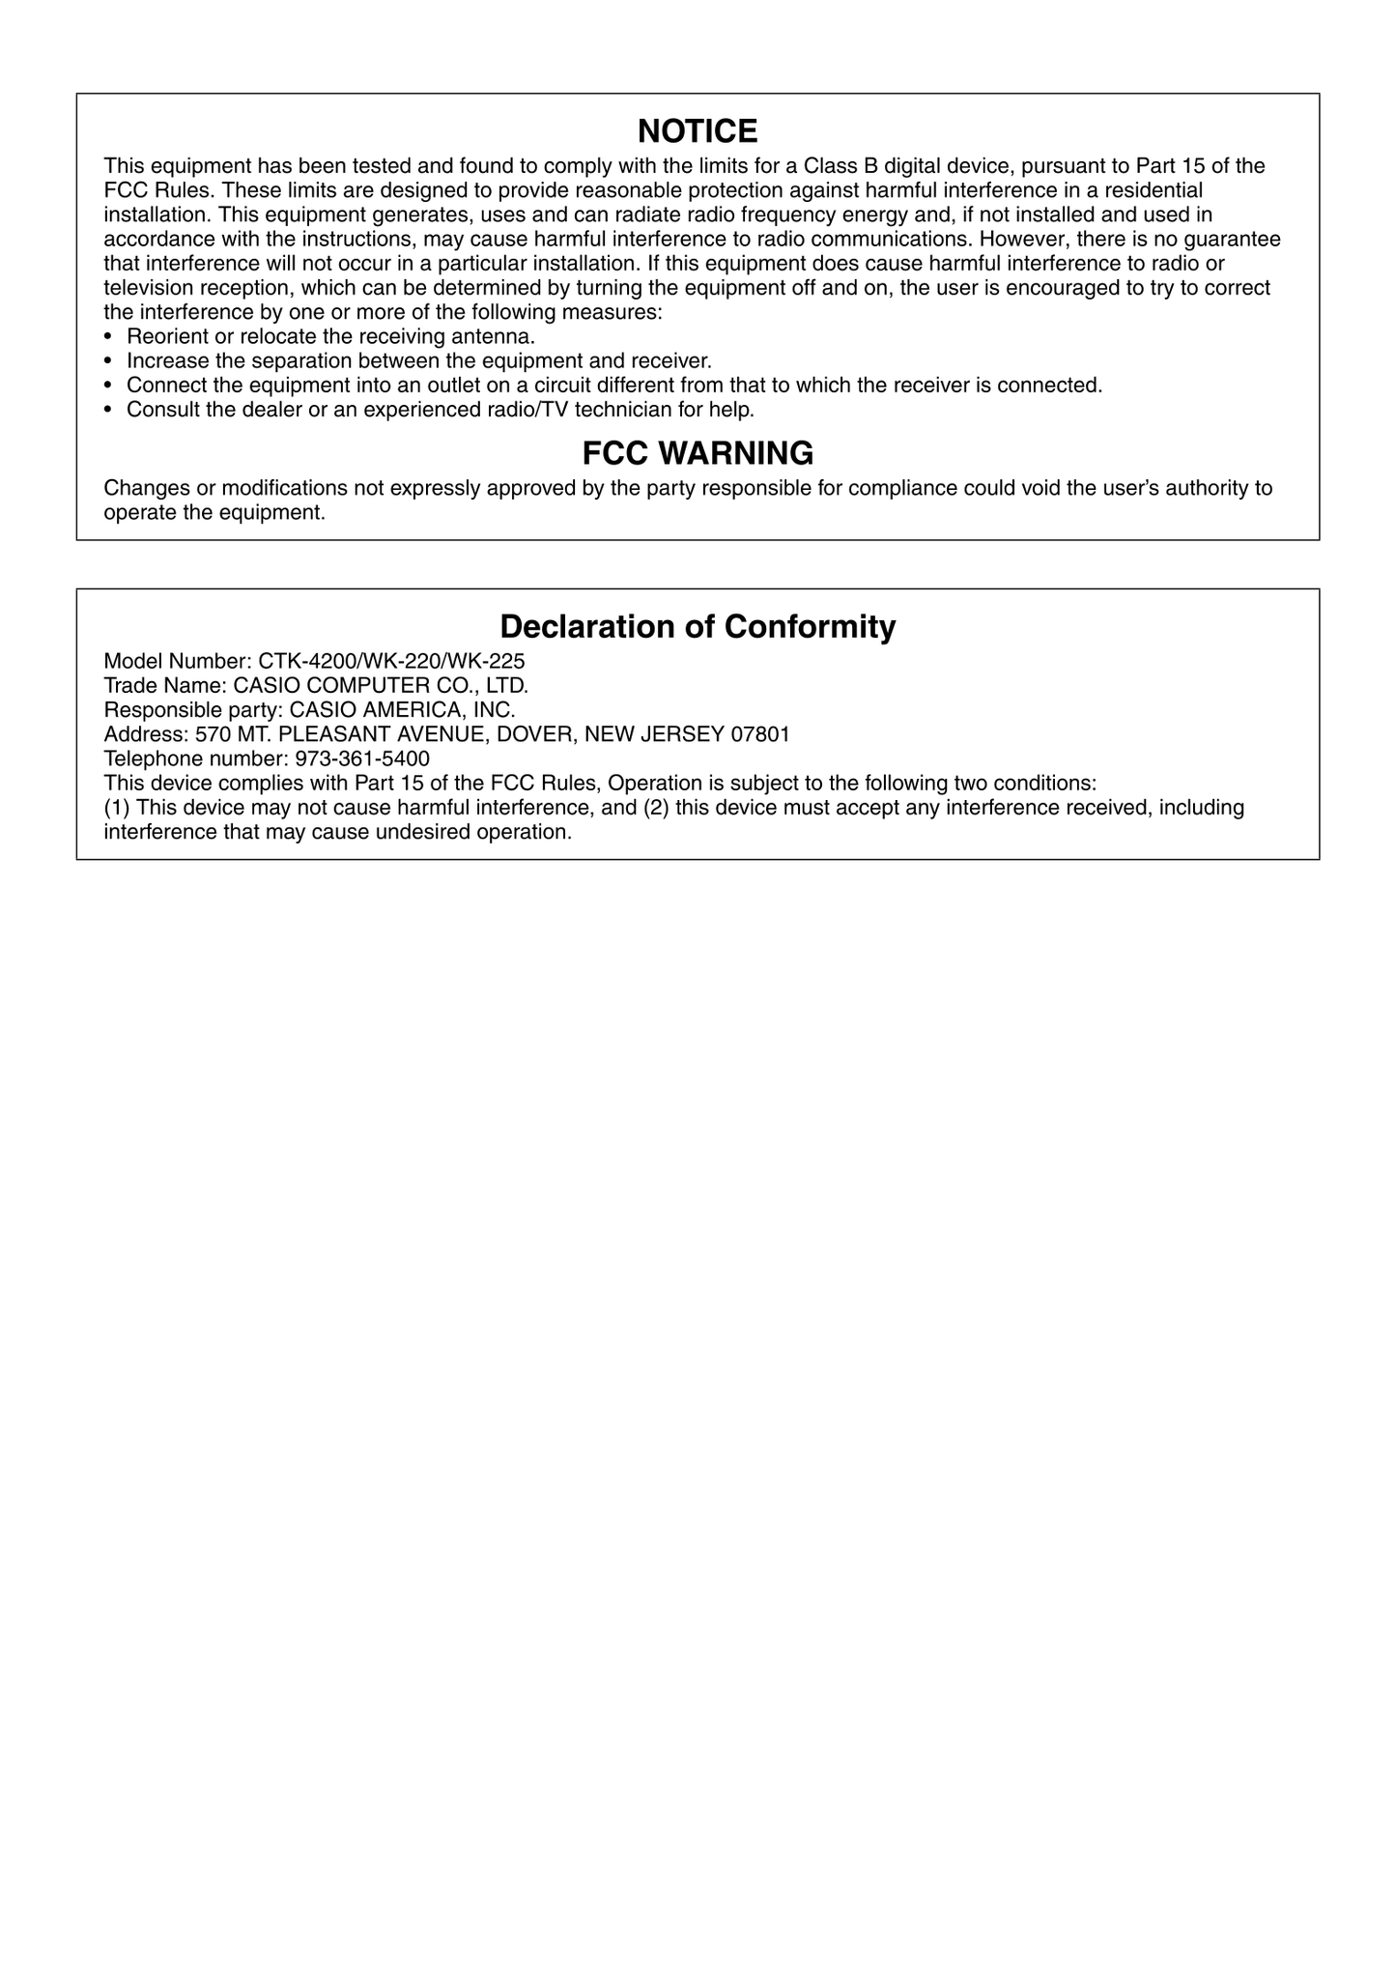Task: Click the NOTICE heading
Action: click(698, 131)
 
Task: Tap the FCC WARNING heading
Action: click(698, 453)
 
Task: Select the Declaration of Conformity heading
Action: click(698, 627)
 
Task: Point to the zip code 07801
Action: click(760, 734)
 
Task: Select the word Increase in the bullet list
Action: click(166, 361)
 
